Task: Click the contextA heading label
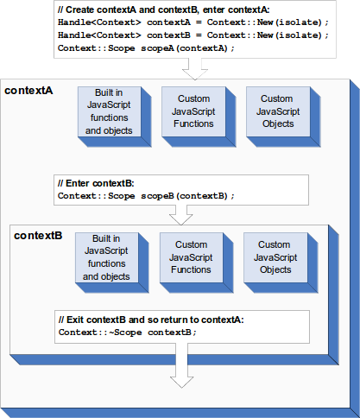(x=29, y=91)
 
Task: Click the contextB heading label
(x=38, y=236)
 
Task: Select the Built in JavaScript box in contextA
(x=108, y=112)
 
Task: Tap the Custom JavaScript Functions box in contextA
(x=193, y=112)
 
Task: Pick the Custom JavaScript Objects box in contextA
(x=276, y=112)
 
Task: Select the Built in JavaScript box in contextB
(x=106, y=257)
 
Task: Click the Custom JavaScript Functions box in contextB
(x=190, y=257)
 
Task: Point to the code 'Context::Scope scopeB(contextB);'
(x=145, y=196)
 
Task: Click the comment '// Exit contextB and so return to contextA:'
(x=151, y=320)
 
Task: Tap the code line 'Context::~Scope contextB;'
(x=128, y=332)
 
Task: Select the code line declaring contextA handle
(x=193, y=22)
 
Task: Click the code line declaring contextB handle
(x=193, y=35)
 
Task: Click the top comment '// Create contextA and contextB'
(x=163, y=9)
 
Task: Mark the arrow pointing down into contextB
(x=181, y=216)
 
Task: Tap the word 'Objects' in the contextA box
(x=277, y=124)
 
